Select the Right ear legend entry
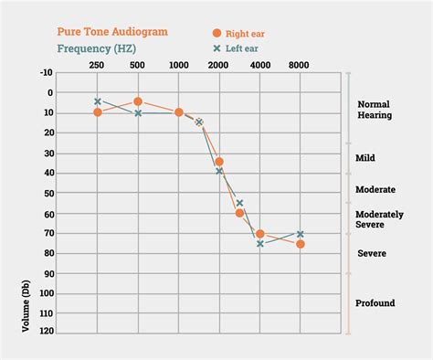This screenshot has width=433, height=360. coord(245,33)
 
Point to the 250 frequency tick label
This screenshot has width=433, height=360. coord(97,65)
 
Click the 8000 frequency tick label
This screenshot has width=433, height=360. coord(300,65)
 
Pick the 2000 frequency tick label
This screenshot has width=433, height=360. coord(219,65)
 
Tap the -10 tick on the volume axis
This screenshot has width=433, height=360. coord(46,72)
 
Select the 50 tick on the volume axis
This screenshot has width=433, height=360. coord(48,193)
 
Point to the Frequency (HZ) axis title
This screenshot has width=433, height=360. coord(99,48)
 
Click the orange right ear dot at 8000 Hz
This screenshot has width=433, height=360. coord(301,244)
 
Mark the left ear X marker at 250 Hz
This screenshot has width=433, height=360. coord(98,101)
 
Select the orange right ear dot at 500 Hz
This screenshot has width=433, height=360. coord(138,101)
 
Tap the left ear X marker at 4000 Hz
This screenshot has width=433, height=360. coord(260,244)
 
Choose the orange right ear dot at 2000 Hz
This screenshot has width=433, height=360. coord(219,162)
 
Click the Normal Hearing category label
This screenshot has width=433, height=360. coord(375,110)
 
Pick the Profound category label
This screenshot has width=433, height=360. coord(375,302)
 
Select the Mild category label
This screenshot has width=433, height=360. coord(365,158)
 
